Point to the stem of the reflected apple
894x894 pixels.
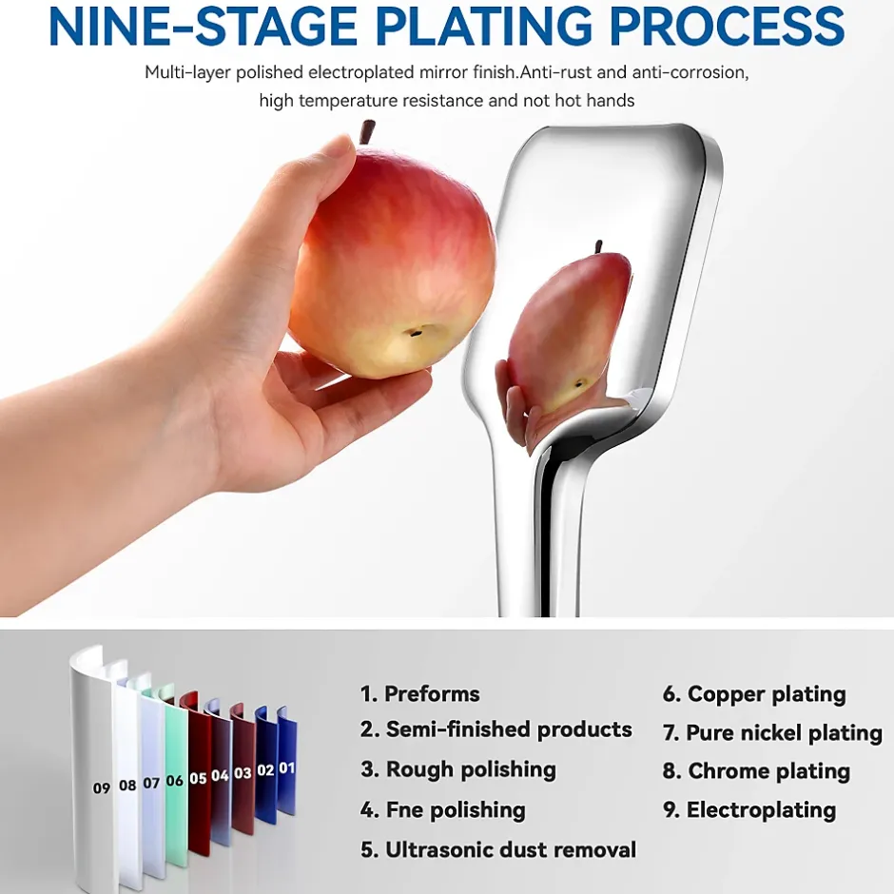click(598, 247)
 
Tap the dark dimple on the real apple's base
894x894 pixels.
click(418, 331)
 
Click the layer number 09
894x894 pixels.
click(102, 787)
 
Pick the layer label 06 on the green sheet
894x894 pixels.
click(174, 780)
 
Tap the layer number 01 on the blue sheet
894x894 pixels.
click(287, 768)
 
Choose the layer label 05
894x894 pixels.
click(198, 778)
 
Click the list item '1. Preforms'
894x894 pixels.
click(420, 694)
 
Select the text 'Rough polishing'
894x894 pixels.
click(471, 769)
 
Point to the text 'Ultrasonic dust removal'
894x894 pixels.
click(511, 849)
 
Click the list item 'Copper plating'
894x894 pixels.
click(767, 694)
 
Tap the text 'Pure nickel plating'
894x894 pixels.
click(784, 733)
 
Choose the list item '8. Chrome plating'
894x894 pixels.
click(756, 771)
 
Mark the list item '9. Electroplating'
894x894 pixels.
click(749, 810)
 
